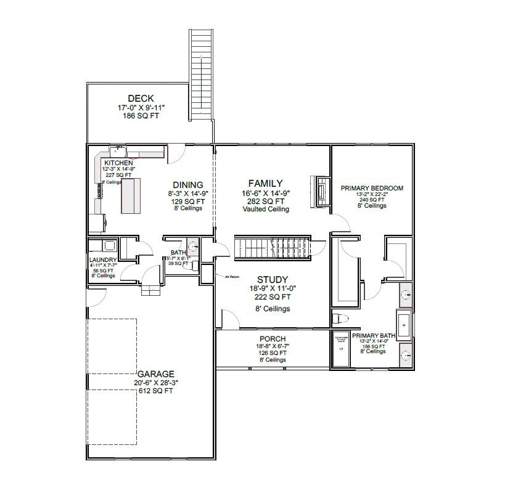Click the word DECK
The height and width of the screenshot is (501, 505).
(x=141, y=99)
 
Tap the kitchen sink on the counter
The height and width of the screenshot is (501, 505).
(x=118, y=151)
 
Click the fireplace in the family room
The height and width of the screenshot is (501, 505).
(x=321, y=191)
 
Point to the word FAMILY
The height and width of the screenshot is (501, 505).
(x=265, y=184)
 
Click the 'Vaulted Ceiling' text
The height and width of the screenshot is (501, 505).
(x=266, y=210)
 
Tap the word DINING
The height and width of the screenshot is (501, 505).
(x=188, y=185)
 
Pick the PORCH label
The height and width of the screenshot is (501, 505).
(x=273, y=339)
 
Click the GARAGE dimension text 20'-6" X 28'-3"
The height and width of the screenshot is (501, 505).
(x=155, y=383)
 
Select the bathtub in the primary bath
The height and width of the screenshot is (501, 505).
(x=403, y=326)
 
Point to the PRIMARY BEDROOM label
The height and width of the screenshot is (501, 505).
(x=372, y=189)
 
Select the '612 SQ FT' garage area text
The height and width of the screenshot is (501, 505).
(x=155, y=391)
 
